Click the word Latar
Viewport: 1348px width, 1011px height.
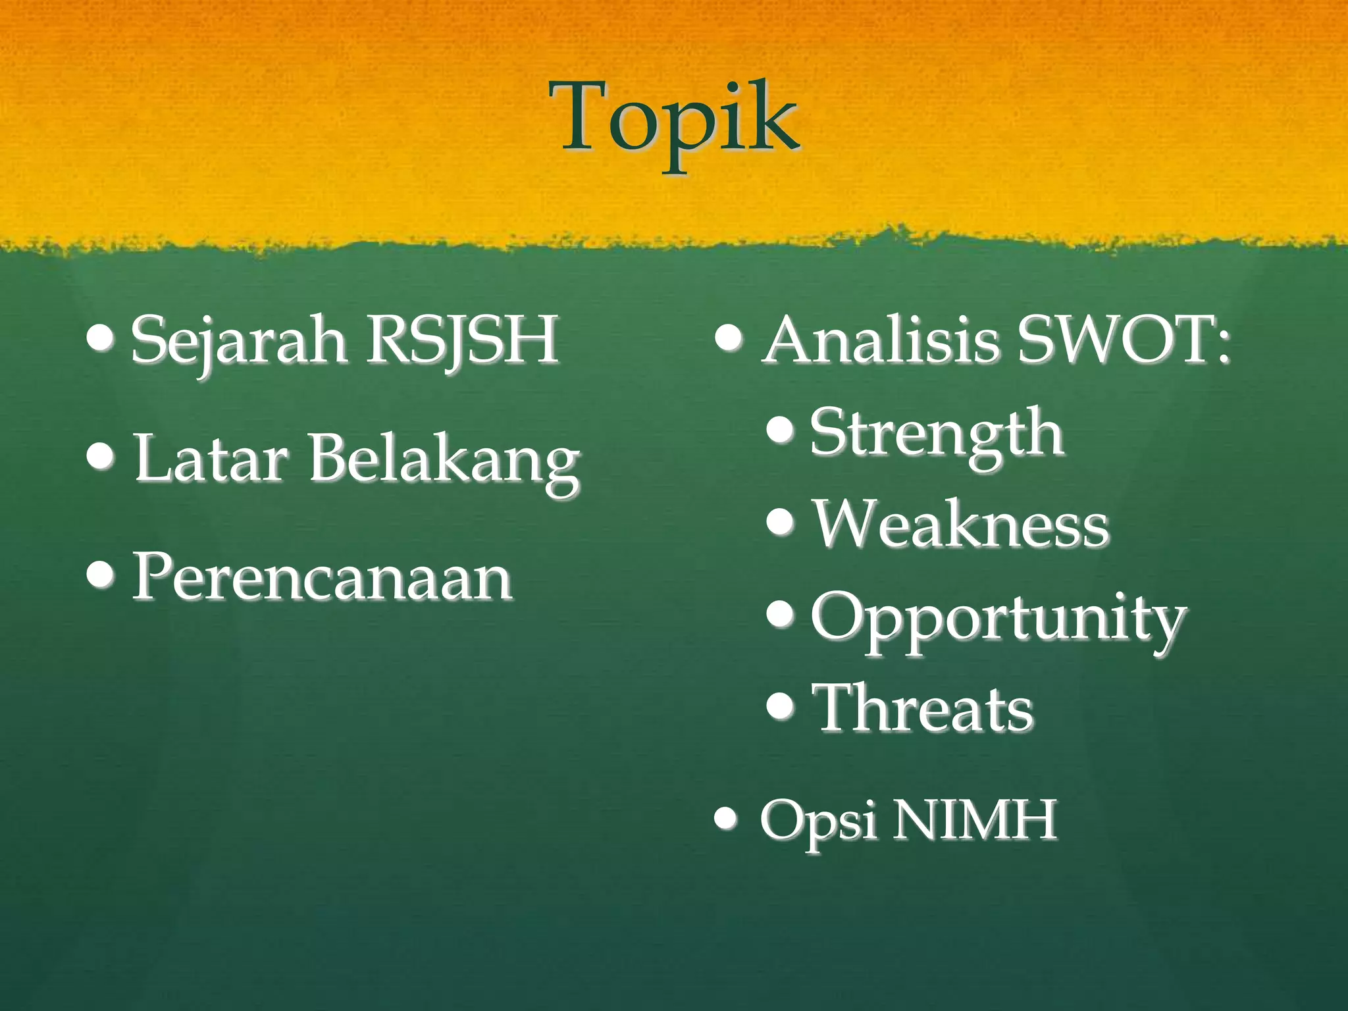click(211, 458)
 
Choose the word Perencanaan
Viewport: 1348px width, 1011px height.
click(323, 577)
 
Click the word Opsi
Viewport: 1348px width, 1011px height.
click(817, 821)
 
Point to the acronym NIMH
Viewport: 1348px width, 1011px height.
click(974, 820)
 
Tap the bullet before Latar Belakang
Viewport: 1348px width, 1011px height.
click(100, 455)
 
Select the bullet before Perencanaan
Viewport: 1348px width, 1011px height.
click(100, 574)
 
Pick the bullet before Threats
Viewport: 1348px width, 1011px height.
click(781, 706)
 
